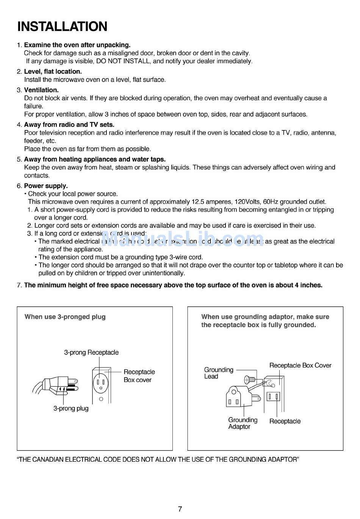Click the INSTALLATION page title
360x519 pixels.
pos(62,27)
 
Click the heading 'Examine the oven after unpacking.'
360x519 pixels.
pos(77,45)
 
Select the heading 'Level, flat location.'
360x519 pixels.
pos(53,71)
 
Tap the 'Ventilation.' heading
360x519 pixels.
pos(41,90)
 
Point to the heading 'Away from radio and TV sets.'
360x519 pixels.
pos(69,124)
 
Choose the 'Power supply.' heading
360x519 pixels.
pos(46,186)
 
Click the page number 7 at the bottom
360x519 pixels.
pos(180,509)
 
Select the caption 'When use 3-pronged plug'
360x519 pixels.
pos(65,317)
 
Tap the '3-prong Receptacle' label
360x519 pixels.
pos(91,352)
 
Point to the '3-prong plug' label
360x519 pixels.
pos(71,408)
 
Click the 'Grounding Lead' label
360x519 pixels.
pos(218,373)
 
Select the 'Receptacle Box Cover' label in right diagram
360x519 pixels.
pos(300,365)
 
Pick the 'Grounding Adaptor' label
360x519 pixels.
pos(243,423)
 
